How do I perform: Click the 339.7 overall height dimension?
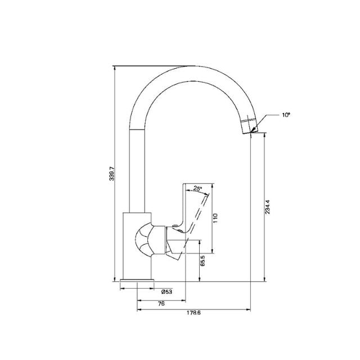(x=111, y=174)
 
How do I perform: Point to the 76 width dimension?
(x=161, y=303)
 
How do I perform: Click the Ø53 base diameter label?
(x=166, y=292)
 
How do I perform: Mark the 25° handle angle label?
(x=197, y=188)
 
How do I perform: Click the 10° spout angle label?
(x=286, y=115)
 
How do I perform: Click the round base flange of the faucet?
(x=137, y=282)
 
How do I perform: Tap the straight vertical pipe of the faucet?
(x=138, y=169)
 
